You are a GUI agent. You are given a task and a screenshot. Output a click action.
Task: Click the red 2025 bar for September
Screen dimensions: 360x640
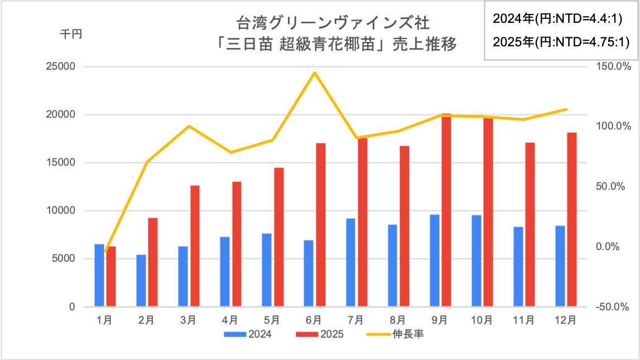pyautogui.click(x=446, y=210)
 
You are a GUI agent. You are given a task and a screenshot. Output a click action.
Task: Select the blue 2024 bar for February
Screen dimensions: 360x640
pyautogui.click(x=141, y=281)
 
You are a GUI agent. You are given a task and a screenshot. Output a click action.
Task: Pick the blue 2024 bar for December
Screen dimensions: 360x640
pyautogui.click(x=560, y=266)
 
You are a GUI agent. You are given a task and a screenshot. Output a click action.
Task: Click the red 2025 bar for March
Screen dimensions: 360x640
pyautogui.click(x=195, y=246)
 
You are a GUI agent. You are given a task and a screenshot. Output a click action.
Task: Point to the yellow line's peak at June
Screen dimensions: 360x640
pyautogui.click(x=315, y=72)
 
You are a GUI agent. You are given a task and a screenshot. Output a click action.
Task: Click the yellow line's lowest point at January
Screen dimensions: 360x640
pyautogui.click(x=105, y=252)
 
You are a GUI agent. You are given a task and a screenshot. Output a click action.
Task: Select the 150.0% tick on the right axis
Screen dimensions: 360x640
pyautogui.click(x=613, y=66)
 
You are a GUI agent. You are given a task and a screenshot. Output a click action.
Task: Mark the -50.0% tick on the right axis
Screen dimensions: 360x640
pyautogui.click(x=613, y=307)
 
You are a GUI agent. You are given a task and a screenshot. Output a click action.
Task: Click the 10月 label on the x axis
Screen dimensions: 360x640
pyautogui.click(x=481, y=320)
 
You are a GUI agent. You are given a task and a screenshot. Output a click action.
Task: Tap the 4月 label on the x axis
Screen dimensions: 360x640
pyautogui.click(x=230, y=320)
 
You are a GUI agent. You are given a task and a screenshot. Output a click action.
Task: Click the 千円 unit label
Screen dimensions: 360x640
pyautogui.click(x=71, y=35)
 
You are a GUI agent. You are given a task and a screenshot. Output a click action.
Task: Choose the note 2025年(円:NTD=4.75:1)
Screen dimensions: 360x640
pyautogui.click(x=557, y=42)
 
